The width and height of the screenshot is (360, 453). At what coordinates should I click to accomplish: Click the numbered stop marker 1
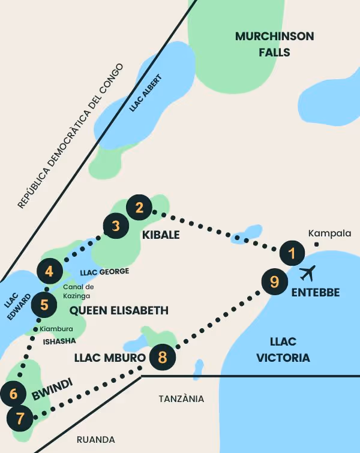(292, 253)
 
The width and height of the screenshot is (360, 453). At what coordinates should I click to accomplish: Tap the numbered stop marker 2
(140, 208)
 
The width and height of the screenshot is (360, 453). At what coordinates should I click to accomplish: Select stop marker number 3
(116, 226)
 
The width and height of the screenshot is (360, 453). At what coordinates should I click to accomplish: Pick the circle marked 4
(49, 271)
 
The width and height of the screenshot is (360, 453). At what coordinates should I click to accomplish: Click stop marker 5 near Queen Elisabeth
(44, 304)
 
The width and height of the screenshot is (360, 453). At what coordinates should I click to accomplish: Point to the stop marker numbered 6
(14, 394)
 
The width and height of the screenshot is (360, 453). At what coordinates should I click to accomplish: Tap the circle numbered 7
(20, 418)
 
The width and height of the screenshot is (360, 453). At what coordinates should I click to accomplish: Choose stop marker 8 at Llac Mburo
(162, 358)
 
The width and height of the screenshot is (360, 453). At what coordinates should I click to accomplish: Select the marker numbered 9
(274, 281)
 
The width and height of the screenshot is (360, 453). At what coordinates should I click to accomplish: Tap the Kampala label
(329, 233)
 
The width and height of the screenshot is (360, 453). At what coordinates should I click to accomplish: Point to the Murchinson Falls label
(274, 44)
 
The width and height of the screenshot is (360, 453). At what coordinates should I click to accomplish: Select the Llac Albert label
(146, 93)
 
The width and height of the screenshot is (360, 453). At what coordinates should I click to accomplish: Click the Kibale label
(160, 235)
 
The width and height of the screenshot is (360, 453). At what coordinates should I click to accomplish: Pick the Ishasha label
(59, 341)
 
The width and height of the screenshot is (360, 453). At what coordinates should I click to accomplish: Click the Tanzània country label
(181, 398)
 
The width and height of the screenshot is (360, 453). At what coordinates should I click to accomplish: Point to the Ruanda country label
(96, 439)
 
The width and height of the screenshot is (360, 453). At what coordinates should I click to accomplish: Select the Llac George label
(104, 271)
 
